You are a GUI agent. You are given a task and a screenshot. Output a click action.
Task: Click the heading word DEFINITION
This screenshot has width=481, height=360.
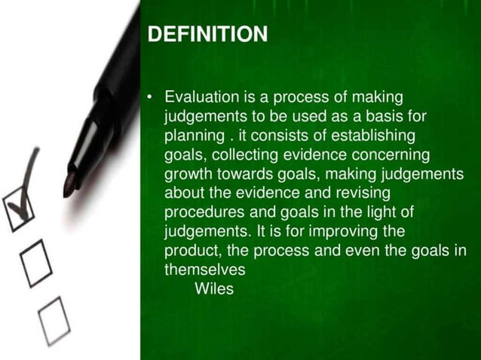point(207,35)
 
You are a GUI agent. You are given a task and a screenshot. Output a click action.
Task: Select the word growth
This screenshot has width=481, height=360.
point(188,174)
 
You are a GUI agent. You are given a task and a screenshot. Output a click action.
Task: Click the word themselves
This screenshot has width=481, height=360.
point(205,269)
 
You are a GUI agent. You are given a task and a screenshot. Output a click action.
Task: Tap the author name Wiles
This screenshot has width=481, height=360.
point(214,288)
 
